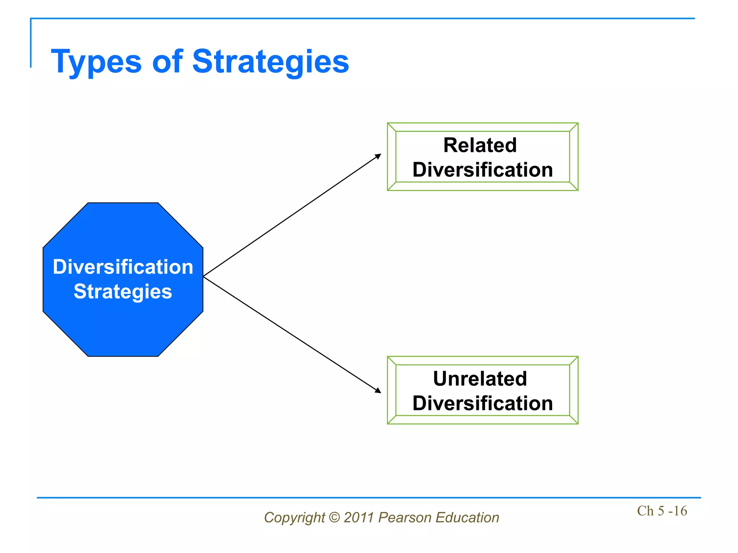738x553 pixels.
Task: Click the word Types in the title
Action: pyautogui.click(x=96, y=62)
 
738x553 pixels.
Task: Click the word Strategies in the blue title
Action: pyautogui.click(x=270, y=62)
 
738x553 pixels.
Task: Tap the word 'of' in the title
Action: pyautogui.click(x=167, y=62)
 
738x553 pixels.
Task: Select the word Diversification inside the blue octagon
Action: pyautogui.click(x=123, y=267)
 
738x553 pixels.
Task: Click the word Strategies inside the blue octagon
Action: pyautogui.click(x=123, y=291)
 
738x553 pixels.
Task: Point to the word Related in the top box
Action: pyautogui.click(x=480, y=145)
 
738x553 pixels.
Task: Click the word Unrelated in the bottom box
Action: pyautogui.click(x=480, y=379)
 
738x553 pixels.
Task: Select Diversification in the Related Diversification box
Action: pyautogui.click(x=483, y=170)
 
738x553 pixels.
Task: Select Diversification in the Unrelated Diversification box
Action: pyautogui.click(x=483, y=403)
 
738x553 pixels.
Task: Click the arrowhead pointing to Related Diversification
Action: pyautogui.click(x=378, y=156)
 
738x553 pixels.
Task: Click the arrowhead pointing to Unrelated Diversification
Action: pyautogui.click(x=378, y=391)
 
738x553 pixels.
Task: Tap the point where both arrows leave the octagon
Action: pyautogui.click(x=204, y=276)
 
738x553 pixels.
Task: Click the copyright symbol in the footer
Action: pyautogui.click(x=334, y=518)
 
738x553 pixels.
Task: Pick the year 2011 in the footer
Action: pyautogui.click(x=359, y=518)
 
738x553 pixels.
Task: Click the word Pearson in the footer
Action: pyautogui.click(x=405, y=518)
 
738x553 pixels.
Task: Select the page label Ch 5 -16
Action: pyautogui.click(x=662, y=511)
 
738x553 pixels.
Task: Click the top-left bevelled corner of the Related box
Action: pyautogui.click(x=392, y=127)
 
